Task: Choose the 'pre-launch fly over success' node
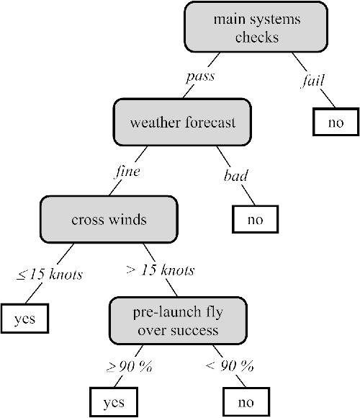click(179, 321)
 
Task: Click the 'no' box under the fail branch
click(336, 123)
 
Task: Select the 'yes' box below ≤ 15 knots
click(24, 318)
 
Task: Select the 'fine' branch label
click(127, 172)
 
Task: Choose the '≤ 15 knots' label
click(50, 274)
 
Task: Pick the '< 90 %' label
click(230, 365)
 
